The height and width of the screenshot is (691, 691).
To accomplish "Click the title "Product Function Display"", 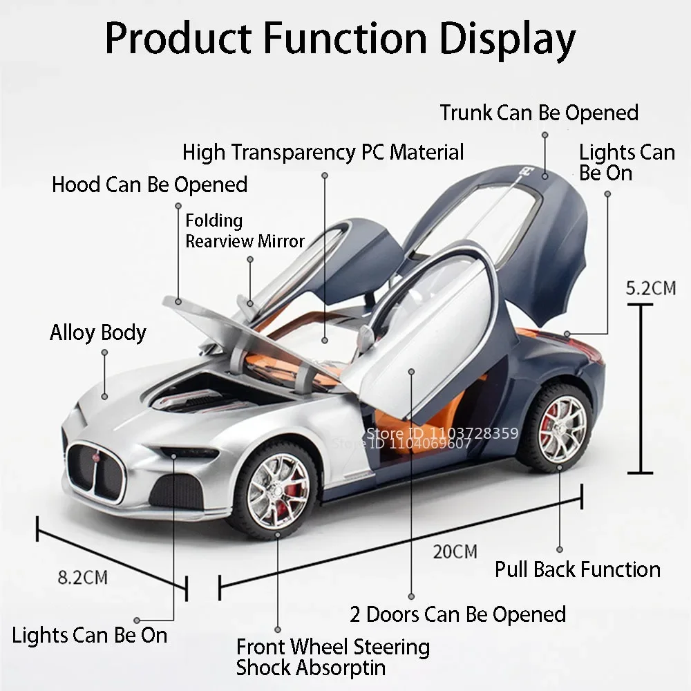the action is point(340,39).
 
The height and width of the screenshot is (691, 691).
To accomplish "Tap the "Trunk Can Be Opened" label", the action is point(540,113).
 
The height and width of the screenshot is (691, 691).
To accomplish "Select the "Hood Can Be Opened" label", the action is point(149,184).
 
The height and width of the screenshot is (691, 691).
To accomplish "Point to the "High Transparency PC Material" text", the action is point(323,153).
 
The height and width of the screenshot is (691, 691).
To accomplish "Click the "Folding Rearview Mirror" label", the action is point(245,231).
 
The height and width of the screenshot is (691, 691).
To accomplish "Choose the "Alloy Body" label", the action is point(98,333).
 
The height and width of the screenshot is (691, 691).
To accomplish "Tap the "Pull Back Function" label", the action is point(578,569).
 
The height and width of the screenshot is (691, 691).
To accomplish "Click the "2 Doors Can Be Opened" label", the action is point(458,614).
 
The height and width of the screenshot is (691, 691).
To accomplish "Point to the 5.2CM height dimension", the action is point(651,289).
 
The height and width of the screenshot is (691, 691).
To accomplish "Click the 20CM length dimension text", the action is point(455,551).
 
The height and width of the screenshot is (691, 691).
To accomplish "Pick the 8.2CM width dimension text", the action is point(83,577).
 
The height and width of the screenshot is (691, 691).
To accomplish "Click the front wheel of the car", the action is point(277,491).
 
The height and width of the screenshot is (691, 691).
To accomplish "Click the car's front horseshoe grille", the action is point(96,472).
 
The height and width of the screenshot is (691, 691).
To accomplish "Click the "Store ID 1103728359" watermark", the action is point(442,433).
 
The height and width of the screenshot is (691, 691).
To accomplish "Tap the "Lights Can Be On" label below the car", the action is point(89,636).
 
